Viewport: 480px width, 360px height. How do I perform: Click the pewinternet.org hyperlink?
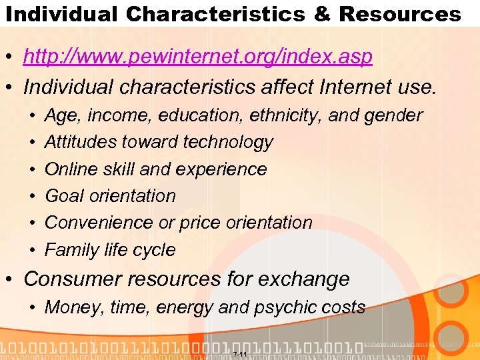click(x=197, y=58)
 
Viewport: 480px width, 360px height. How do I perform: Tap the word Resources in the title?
click(x=399, y=14)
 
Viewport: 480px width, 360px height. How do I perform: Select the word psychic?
click(x=291, y=307)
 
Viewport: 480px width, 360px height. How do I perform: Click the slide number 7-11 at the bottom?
click(x=240, y=353)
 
